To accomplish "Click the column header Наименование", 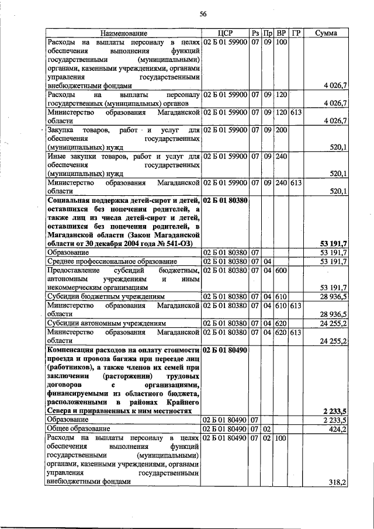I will pos(123,33).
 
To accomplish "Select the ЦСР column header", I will pos(224,33).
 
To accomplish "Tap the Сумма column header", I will pos(325,33).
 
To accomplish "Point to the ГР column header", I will pos(296,33).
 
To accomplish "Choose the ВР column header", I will pos(281,33).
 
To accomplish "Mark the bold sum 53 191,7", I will pos(333,243).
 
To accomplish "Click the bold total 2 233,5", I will pos(334,411).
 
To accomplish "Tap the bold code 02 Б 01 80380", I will pos(225,200).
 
